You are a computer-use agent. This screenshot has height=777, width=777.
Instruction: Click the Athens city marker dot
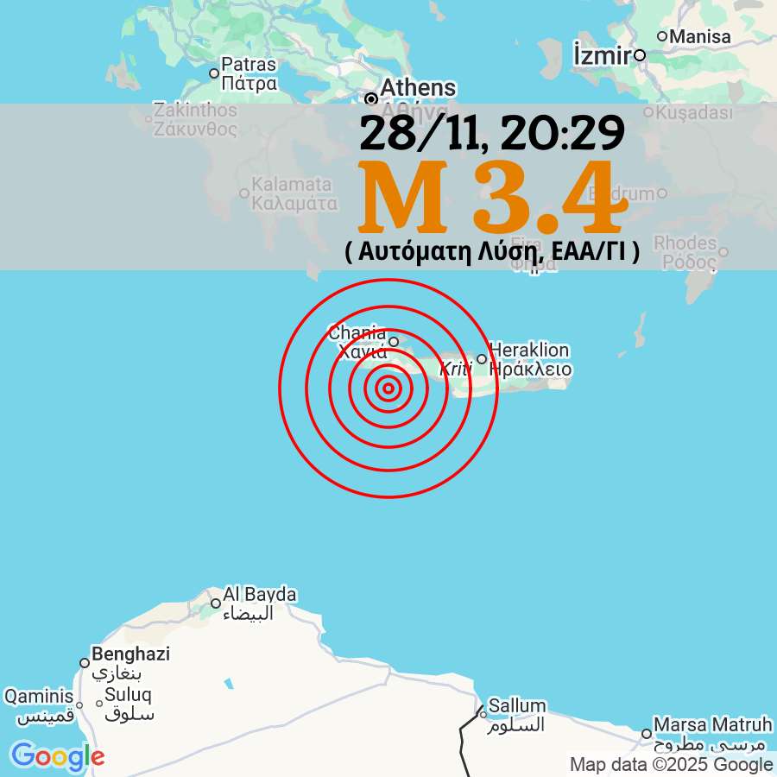pyautogui.click(x=371, y=98)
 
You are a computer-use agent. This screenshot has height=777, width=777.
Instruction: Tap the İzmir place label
pyautogui.click(x=601, y=54)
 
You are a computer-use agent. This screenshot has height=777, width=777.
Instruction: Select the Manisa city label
pyautogui.click(x=699, y=36)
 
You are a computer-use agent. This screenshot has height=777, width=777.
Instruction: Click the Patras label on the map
pyautogui.click(x=249, y=64)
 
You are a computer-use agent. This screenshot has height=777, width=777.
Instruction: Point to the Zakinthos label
pyautogui.click(x=194, y=111)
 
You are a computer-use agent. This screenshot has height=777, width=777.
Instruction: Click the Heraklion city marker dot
pyautogui.click(x=482, y=359)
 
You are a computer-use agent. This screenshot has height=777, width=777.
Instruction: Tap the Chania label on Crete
pyautogui.click(x=357, y=332)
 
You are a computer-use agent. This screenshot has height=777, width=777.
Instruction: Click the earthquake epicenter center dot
pyautogui.click(x=388, y=389)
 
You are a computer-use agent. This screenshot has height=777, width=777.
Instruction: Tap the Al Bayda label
pyautogui.click(x=259, y=595)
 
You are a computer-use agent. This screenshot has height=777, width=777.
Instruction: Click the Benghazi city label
pyautogui.click(x=130, y=654)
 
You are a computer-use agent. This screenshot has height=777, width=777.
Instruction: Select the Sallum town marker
pyautogui.click(x=483, y=714)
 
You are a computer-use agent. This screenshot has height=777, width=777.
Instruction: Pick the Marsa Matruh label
pyautogui.click(x=712, y=723)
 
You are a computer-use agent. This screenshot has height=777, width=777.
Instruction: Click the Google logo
pyautogui.click(x=57, y=756)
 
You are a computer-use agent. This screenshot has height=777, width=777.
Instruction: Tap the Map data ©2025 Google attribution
pyautogui.click(x=671, y=764)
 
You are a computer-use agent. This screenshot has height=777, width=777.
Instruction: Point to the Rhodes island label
pyautogui.click(x=685, y=243)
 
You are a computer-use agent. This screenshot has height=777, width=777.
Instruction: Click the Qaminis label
pyautogui.click(x=39, y=696)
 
